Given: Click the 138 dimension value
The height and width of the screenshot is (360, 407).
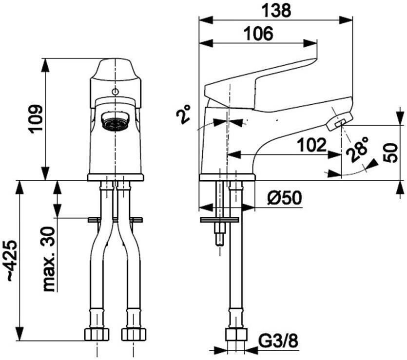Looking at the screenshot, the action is pyautogui.click(x=276, y=11).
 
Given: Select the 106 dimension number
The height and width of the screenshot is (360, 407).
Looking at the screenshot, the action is pyautogui.click(x=259, y=33).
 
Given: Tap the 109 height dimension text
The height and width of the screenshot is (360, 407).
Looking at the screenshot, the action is pyautogui.click(x=36, y=119).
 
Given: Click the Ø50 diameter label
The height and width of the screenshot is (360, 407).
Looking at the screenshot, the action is pyautogui.click(x=285, y=198).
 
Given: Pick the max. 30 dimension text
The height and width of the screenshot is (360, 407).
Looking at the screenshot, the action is pyautogui.click(x=49, y=259).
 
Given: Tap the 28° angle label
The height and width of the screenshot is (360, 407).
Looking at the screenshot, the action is pyautogui.click(x=357, y=150).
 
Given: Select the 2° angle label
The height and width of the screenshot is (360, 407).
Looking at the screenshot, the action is pyautogui.click(x=183, y=114).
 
